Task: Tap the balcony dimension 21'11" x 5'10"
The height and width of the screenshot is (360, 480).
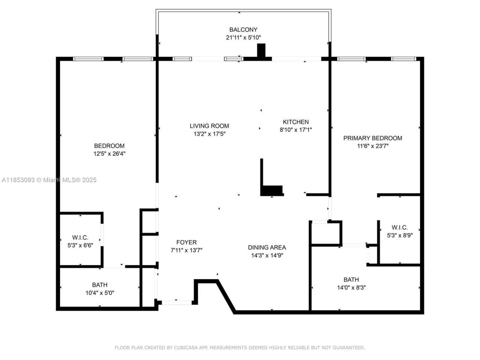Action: [x=243, y=37]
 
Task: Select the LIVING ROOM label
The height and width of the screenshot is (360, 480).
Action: [x=209, y=126]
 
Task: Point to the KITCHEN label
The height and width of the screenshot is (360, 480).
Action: [x=295, y=122]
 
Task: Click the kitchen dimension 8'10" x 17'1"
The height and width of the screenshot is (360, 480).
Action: [x=295, y=130]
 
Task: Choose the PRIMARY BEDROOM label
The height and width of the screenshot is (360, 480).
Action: [x=372, y=138]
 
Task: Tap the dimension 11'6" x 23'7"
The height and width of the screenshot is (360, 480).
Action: [x=372, y=146]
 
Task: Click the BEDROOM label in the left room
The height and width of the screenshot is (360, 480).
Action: [x=109, y=146]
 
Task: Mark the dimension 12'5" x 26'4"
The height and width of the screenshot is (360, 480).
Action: [x=109, y=154]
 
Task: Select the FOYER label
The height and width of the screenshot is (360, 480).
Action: [x=186, y=242]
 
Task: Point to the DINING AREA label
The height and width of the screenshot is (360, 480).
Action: [x=267, y=247]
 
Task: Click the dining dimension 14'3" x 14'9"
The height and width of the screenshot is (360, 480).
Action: [x=267, y=255]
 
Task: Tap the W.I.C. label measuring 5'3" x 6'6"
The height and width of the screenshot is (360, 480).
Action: [x=80, y=237]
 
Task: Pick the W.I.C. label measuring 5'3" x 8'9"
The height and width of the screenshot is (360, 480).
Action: [x=399, y=228]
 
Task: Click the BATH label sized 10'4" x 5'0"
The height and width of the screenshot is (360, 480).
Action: [x=100, y=285]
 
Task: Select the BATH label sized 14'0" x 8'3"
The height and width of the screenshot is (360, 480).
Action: [x=351, y=280]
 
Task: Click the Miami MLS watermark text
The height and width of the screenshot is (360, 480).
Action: [x=49, y=180]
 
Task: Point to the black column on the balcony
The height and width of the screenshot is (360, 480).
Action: [x=261, y=51]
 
